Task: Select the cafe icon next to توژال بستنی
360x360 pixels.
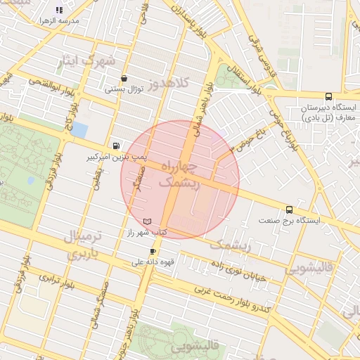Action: tap(124, 79)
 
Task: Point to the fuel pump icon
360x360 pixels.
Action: tap(115, 146)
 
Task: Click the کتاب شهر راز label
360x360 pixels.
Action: tap(146, 231)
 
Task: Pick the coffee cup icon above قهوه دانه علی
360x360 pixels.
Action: tap(153, 251)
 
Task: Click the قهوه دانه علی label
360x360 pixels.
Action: tap(152, 262)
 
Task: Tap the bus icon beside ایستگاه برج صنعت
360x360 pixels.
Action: tap(289, 210)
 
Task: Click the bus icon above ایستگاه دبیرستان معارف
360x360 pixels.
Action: tap(328, 96)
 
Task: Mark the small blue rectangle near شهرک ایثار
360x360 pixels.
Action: tap(80, 130)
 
